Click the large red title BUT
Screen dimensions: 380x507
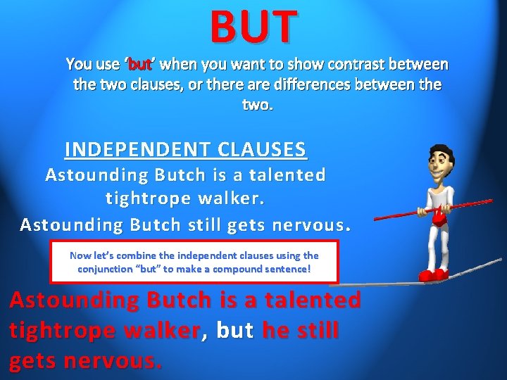point(253,27)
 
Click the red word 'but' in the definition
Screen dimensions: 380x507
point(141,65)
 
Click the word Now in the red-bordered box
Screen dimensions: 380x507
point(80,255)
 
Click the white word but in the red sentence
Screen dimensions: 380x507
point(235,330)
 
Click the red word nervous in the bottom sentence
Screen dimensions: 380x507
point(112,361)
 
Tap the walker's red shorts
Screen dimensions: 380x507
point(439,220)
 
